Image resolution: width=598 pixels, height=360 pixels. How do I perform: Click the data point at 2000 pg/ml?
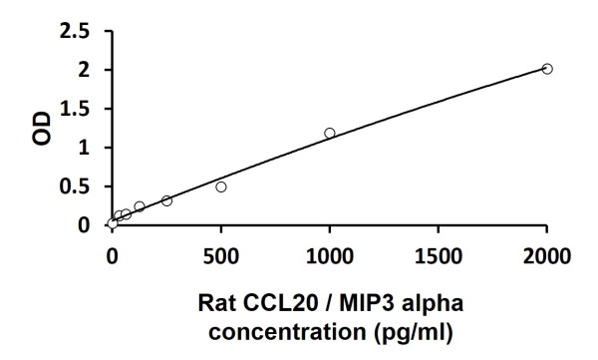coord(547,69)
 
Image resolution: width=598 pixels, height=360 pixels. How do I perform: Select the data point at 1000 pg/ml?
coord(330,133)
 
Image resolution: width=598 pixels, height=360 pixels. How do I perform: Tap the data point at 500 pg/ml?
coord(221,186)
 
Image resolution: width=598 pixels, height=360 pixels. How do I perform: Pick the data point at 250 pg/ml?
coord(166,200)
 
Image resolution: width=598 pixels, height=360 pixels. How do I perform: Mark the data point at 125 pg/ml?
coord(140,206)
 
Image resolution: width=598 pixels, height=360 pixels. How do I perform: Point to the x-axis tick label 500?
coord(221,255)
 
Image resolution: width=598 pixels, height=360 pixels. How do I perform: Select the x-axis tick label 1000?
coord(330,255)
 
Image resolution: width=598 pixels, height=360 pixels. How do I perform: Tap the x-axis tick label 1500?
coord(439,255)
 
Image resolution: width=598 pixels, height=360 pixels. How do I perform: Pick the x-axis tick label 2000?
coord(547,255)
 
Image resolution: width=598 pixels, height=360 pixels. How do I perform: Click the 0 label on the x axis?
coord(113,255)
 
